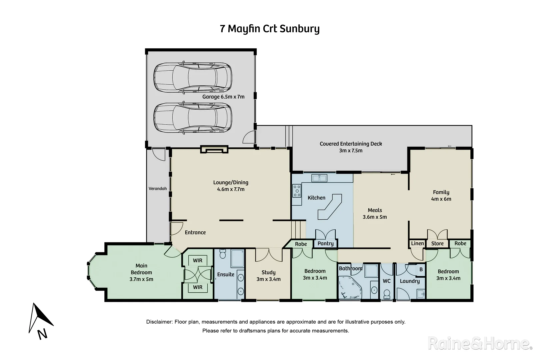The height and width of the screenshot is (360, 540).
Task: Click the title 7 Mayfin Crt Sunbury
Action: pos(270,29)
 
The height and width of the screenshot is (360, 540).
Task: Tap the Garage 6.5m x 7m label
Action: pos(223,97)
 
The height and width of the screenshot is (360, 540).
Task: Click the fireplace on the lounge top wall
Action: pos(214,149)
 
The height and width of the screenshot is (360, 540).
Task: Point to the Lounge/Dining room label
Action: pos(231,186)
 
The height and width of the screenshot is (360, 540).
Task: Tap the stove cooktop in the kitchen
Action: pos(297,191)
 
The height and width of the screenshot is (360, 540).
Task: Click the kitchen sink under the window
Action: pos(319,178)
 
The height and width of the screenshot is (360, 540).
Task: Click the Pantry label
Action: pos(325,244)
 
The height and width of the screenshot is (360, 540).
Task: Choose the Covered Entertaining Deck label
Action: pos(351,147)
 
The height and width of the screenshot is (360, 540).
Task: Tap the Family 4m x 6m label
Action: pos(441,196)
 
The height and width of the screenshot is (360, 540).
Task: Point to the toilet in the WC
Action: pos(387,294)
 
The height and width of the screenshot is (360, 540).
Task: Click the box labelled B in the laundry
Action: pos(421,269)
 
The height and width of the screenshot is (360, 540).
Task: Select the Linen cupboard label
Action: pos(417,244)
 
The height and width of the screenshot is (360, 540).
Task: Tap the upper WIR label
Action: pos(198,261)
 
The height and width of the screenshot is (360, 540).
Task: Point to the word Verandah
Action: pos(158,189)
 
